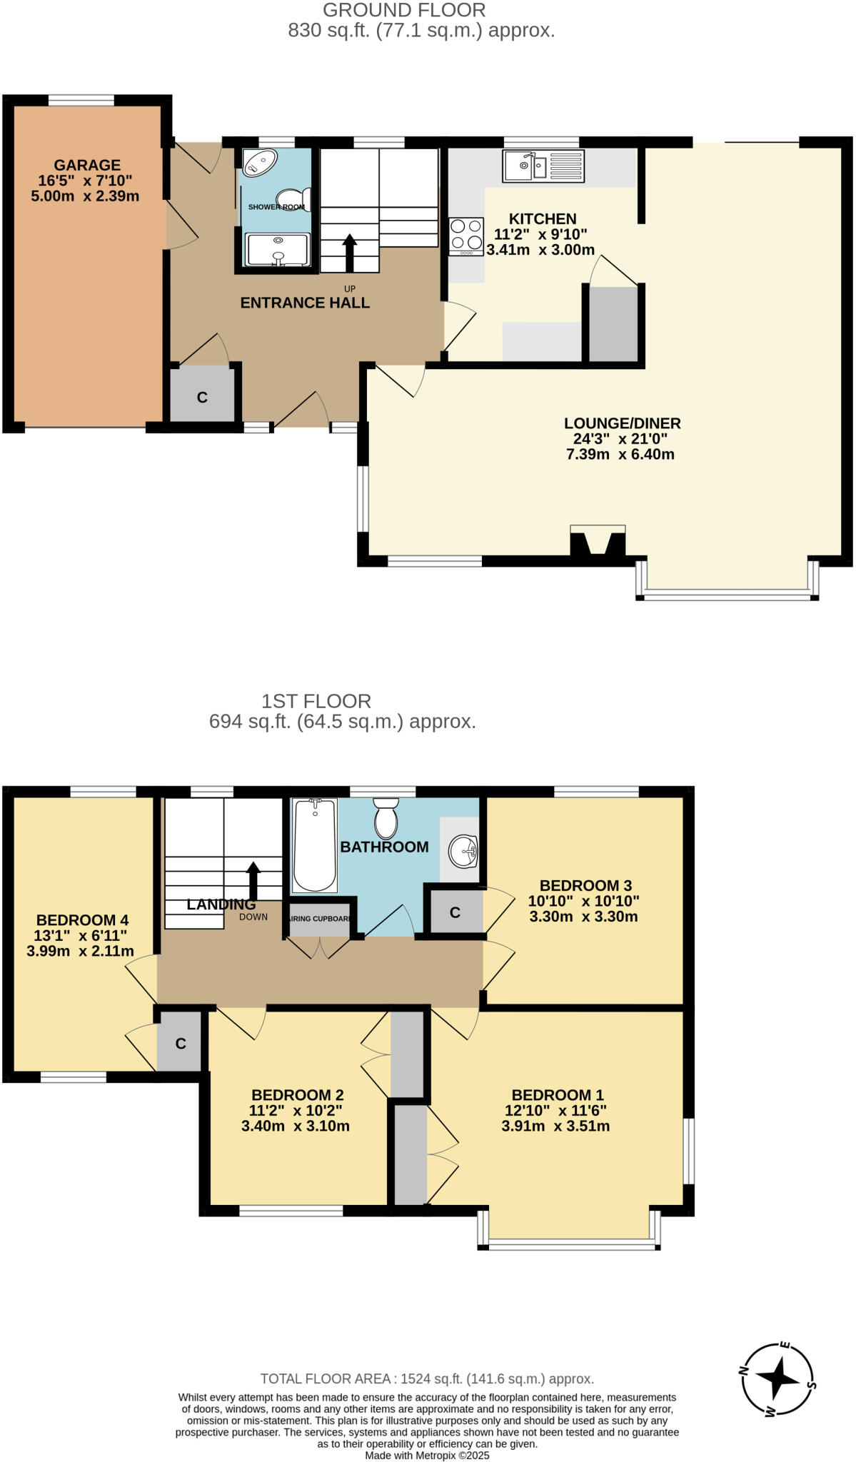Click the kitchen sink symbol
(x=543, y=166)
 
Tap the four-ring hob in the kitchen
(x=465, y=236)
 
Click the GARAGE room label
(x=87, y=165)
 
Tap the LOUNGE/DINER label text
(x=622, y=423)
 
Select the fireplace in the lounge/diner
(x=598, y=542)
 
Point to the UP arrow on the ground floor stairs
(x=349, y=251)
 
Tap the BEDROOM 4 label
(x=82, y=920)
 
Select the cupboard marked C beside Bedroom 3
(x=454, y=912)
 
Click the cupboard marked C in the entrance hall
(x=202, y=397)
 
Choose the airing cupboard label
(x=320, y=919)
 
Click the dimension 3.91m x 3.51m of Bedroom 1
(x=555, y=1126)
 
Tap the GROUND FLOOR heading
(x=404, y=10)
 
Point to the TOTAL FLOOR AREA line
(x=427, y=1378)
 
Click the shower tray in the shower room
(x=278, y=249)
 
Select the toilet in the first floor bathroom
(x=386, y=819)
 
